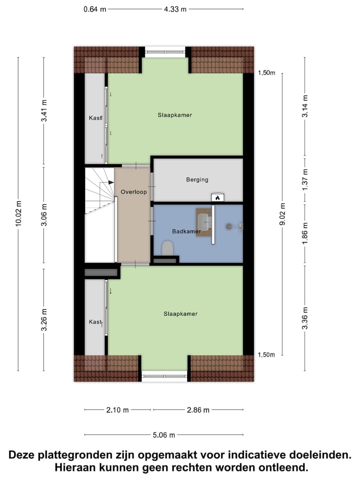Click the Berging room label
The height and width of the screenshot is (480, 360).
pyautogui.click(x=197, y=179)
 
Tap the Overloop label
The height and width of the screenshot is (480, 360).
pyautogui.click(x=132, y=191)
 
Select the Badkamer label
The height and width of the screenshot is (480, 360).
pyautogui.click(x=185, y=231)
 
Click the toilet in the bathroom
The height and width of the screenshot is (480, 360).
pyautogui.click(x=168, y=247)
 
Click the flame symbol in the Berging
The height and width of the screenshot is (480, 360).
pyautogui.click(x=217, y=197)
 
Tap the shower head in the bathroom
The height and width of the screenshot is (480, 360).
pyautogui.click(x=229, y=226)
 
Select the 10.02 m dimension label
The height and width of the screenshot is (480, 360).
pyautogui.click(x=19, y=214)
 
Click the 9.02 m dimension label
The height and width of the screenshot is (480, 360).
pyautogui.click(x=283, y=214)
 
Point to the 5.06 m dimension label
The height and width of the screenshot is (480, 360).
pyautogui.click(x=164, y=435)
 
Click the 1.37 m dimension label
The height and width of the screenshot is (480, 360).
pyautogui.click(x=305, y=178)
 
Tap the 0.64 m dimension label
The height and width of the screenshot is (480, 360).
pyautogui.click(x=94, y=8)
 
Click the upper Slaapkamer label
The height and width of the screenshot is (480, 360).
pyautogui.click(x=175, y=115)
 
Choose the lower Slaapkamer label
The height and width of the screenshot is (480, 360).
pyautogui.click(x=180, y=314)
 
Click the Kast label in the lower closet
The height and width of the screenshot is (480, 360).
pyautogui.click(x=95, y=322)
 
